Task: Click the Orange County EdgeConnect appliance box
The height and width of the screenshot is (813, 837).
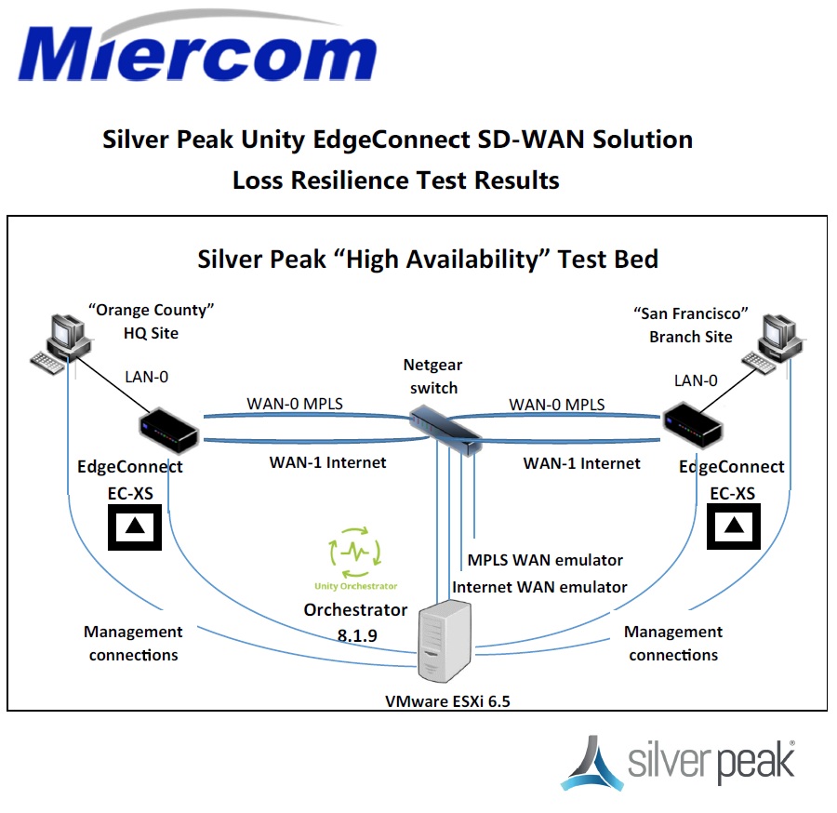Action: (168, 431)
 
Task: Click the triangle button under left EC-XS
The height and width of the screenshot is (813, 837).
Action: (135, 526)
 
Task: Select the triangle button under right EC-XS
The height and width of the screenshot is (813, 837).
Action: (735, 526)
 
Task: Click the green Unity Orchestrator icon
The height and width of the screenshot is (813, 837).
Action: (355, 550)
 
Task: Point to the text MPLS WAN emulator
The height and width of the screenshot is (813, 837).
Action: (545, 560)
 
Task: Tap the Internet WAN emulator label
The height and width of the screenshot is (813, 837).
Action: (539, 587)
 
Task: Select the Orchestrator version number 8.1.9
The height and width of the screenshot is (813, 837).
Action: (356, 633)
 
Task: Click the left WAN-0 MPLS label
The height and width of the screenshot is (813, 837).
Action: (294, 404)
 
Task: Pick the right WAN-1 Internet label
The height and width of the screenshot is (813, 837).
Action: (581, 462)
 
